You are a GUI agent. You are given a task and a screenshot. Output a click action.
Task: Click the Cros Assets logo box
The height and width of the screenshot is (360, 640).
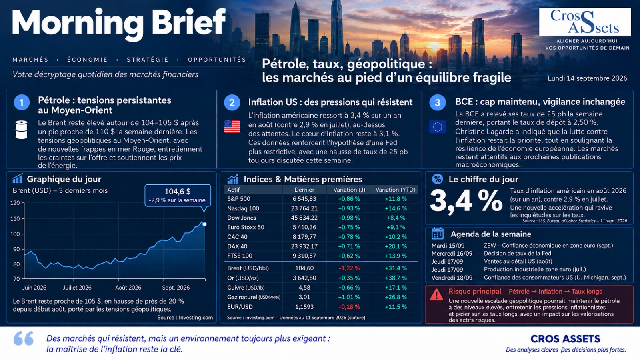[585, 22]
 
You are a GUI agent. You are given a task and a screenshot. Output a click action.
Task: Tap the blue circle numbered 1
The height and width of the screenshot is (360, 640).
[22, 102]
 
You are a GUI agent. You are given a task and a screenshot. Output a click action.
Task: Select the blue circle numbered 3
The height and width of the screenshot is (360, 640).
[438, 102]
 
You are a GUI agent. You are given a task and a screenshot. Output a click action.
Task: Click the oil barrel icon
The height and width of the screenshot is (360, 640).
[22, 130]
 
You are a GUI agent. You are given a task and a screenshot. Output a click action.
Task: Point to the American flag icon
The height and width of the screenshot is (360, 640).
[232, 127]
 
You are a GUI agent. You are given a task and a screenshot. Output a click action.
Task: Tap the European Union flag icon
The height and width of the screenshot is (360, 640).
[438, 127]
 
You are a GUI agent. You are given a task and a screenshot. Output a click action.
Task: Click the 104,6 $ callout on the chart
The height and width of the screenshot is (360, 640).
[178, 196]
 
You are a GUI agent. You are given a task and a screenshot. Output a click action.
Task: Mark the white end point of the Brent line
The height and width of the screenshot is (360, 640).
[204, 224]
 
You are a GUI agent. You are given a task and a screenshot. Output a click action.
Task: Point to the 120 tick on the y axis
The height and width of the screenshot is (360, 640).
[15, 203]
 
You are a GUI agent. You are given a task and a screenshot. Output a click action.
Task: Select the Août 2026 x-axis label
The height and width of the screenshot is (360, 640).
[128, 288]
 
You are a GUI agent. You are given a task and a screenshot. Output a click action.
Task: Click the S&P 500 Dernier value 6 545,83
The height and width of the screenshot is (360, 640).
[304, 199]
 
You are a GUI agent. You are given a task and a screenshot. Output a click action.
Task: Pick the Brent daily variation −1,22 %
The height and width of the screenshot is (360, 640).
[349, 268]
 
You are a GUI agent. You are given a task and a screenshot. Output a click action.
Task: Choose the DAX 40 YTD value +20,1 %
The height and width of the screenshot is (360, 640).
[396, 246]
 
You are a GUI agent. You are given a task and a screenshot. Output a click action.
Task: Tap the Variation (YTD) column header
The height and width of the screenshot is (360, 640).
[396, 190]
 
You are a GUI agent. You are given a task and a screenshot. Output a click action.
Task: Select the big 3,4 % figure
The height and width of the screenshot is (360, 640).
[466, 201]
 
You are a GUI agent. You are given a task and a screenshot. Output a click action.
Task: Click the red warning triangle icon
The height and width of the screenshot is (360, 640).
[436, 295]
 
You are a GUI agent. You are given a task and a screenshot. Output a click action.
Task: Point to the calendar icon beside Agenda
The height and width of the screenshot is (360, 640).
[438, 234]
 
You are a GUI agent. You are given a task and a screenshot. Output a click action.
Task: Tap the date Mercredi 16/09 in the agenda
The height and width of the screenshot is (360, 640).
[452, 254]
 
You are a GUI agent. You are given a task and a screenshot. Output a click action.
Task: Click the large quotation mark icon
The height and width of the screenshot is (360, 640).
[24, 338]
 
